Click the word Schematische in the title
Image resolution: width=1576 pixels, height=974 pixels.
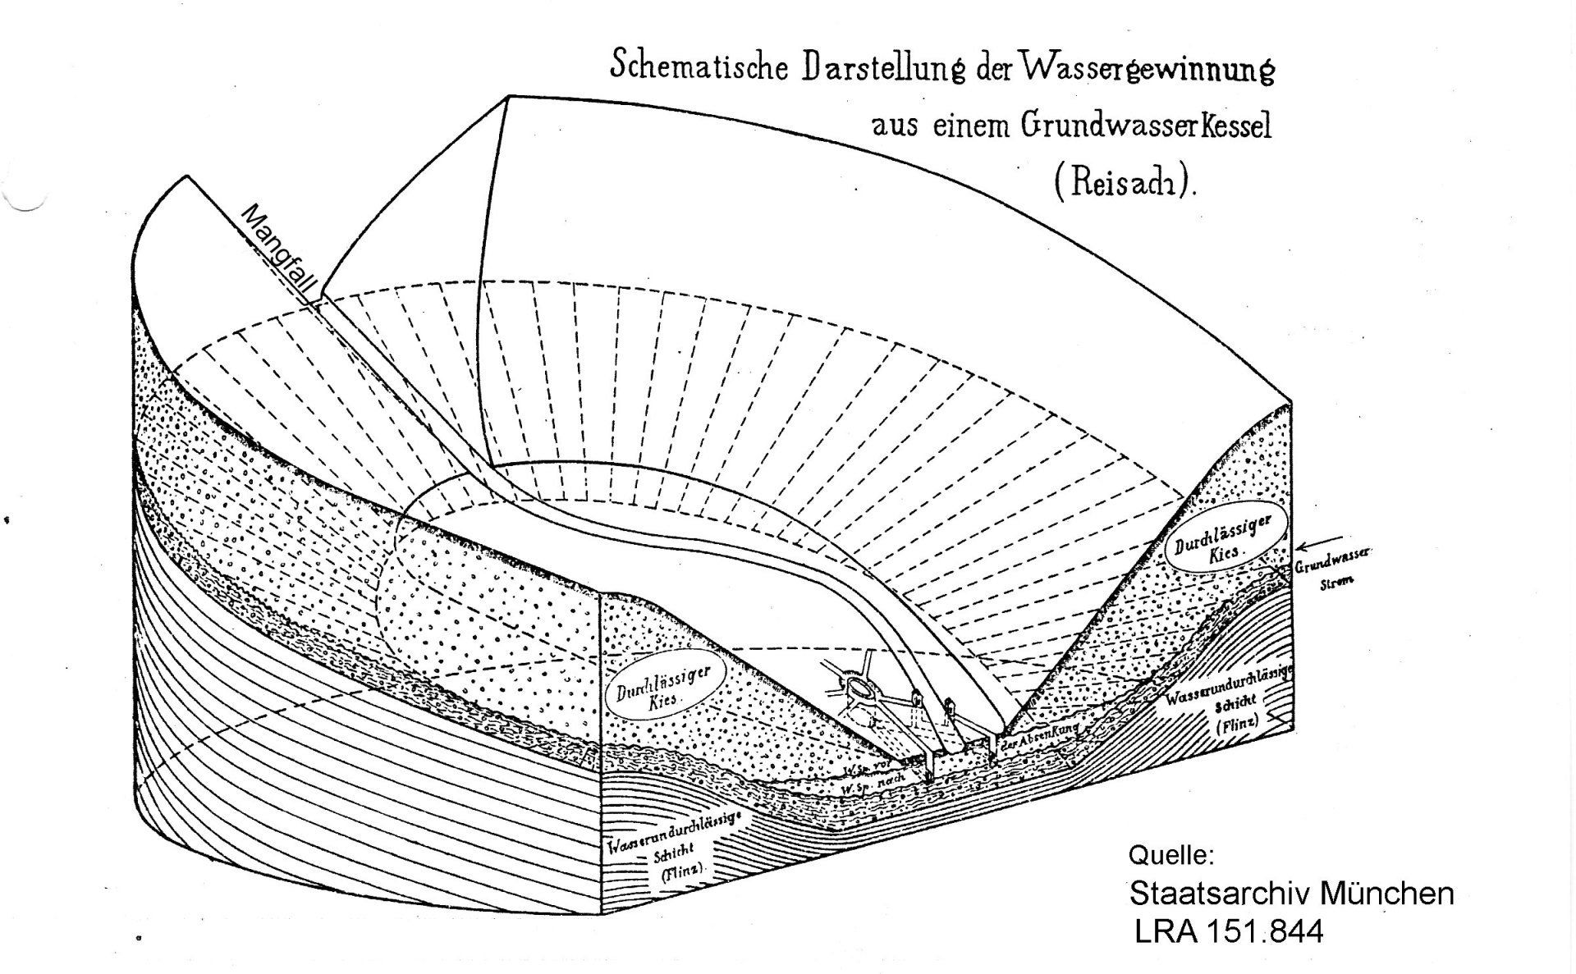click(x=696, y=66)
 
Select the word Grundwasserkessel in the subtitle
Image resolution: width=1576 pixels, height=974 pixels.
click(x=1147, y=127)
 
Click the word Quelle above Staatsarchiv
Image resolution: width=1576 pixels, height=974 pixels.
click(x=1171, y=856)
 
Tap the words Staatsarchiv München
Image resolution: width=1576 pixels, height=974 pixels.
click(x=1291, y=894)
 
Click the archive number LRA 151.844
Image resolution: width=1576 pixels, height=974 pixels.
click(x=1229, y=932)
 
